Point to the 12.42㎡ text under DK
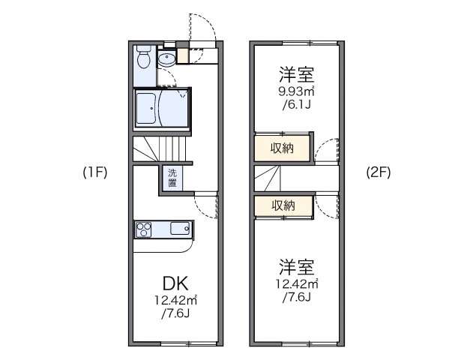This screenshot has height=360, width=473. (177, 301)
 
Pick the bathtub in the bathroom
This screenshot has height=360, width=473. (148, 109)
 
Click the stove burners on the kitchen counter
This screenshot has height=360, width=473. (145, 228)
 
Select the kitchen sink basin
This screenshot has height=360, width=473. (181, 228)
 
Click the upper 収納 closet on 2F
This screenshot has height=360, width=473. (283, 147)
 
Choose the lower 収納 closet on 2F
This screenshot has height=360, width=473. (283, 205)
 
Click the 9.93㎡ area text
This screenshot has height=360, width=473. (296, 92)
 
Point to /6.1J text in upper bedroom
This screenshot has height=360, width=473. (296, 106)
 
